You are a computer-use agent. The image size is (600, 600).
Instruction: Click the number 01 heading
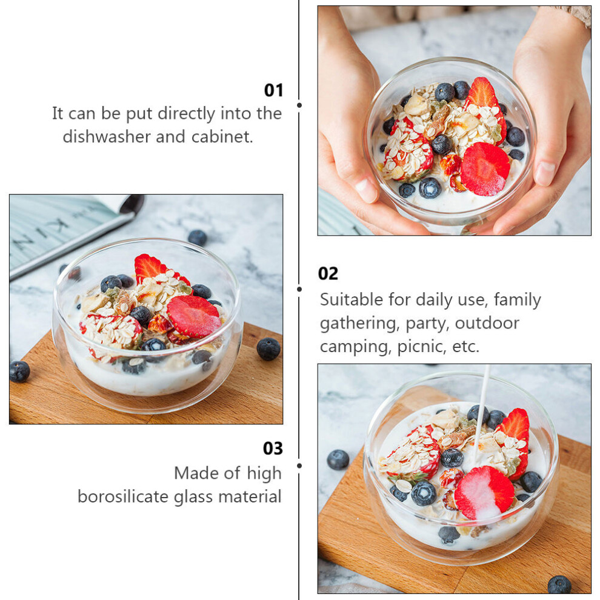point(273,90)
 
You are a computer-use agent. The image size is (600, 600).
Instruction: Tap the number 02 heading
point(328,273)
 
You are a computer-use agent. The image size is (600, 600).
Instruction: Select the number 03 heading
point(273,448)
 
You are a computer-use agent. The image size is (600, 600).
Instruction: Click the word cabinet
point(222,136)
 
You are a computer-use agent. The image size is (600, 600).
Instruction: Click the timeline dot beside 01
point(299,105)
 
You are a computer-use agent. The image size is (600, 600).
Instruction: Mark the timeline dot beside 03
point(299,465)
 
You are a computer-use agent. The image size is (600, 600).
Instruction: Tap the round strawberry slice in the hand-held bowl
point(485,168)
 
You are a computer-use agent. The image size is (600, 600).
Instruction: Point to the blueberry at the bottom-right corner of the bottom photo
point(559,584)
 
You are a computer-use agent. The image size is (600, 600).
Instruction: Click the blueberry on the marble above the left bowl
point(198,237)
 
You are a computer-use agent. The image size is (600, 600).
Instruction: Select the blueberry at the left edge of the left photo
point(19,371)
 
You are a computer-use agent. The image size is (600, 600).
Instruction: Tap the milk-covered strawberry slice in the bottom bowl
point(484,493)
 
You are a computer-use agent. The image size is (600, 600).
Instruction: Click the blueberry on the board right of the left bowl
point(268,348)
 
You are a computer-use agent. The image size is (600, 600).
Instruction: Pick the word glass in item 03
point(194,497)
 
